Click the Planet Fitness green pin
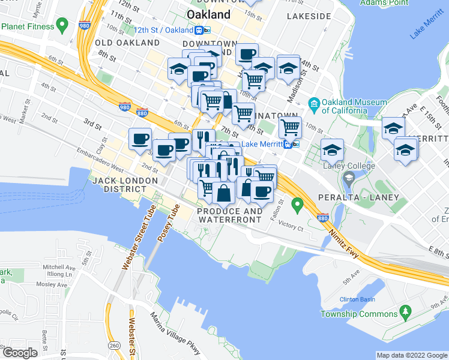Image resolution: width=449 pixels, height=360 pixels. pyautogui.click(x=61, y=26)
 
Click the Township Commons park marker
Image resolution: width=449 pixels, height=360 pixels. pyautogui.click(x=405, y=311)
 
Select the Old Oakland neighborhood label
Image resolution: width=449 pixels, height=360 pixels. pyautogui.click(x=127, y=43)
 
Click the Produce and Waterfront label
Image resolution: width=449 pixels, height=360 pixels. pyautogui.click(x=230, y=215)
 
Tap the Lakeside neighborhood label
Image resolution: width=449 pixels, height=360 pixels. pyautogui.click(x=309, y=16)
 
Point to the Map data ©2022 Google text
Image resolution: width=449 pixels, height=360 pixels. pyautogui.click(x=411, y=355)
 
